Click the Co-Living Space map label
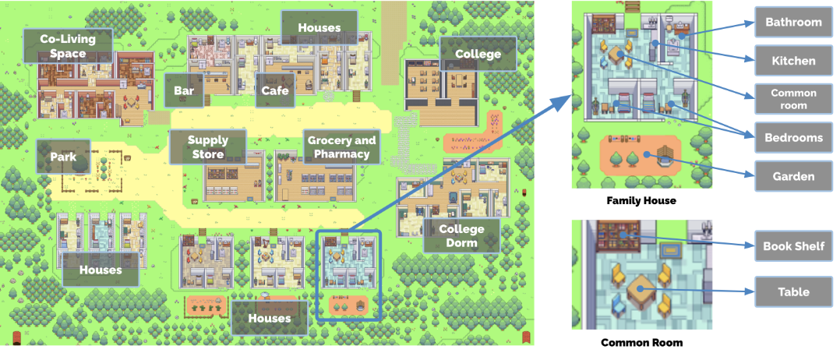[68, 45]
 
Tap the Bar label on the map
[184, 91]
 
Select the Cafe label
[274, 91]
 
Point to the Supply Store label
[208, 147]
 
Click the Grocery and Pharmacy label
[341, 147]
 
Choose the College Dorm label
[461, 235]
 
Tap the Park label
[63, 157]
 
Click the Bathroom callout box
[793, 22]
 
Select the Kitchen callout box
[793, 60]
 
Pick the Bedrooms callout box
[793, 137]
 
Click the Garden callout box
[793, 176]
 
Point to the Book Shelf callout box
[793, 246]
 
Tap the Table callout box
[793, 292]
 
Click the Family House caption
[641, 201]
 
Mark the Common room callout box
[793, 99]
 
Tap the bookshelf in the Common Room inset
[619, 233]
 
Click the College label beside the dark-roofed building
[478, 54]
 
